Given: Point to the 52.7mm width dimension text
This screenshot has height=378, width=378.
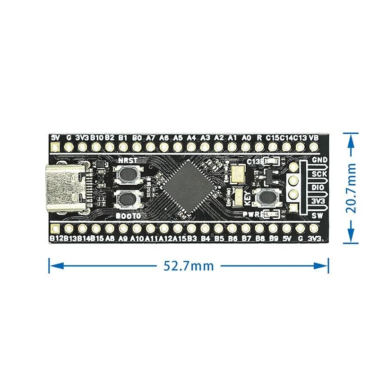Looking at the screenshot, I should [x=189, y=266].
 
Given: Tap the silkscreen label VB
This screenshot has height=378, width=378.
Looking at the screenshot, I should [x=314, y=137].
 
